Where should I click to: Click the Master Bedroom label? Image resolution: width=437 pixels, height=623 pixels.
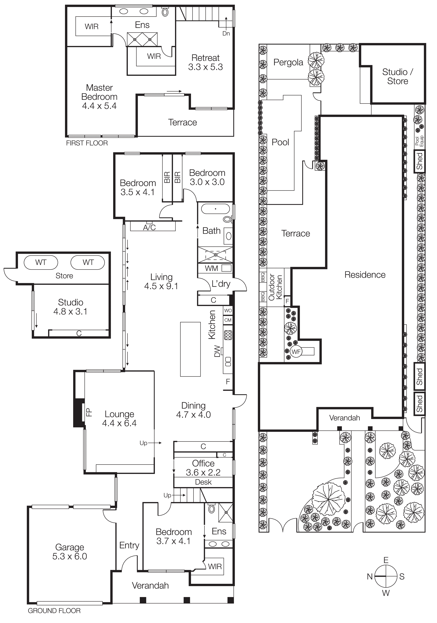(x=99, y=97)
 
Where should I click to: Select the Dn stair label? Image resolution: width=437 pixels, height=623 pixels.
(x=226, y=33)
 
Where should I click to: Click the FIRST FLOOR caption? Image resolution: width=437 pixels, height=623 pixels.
(x=87, y=143)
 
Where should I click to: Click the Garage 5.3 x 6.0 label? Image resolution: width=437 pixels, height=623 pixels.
(x=70, y=552)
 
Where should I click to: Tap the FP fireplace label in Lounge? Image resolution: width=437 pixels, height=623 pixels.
(x=89, y=412)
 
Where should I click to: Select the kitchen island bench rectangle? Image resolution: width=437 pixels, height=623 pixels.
(x=190, y=349)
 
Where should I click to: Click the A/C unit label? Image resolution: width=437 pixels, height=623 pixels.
(x=149, y=227)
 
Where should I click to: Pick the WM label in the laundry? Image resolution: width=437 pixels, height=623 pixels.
(x=212, y=268)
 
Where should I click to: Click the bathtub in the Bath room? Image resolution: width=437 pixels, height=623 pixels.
(x=216, y=209)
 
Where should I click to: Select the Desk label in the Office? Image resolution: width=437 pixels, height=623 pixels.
(x=203, y=482)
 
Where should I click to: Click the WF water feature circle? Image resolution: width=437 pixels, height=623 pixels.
(x=296, y=352)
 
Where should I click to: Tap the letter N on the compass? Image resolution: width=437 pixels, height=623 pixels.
(x=370, y=576)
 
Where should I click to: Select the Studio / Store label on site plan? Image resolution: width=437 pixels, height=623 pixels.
(x=398, y=77)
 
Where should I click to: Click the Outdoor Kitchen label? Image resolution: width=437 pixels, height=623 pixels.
(x=275, y=287)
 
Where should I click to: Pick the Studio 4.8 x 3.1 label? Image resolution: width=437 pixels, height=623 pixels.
(x=71, y=307)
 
